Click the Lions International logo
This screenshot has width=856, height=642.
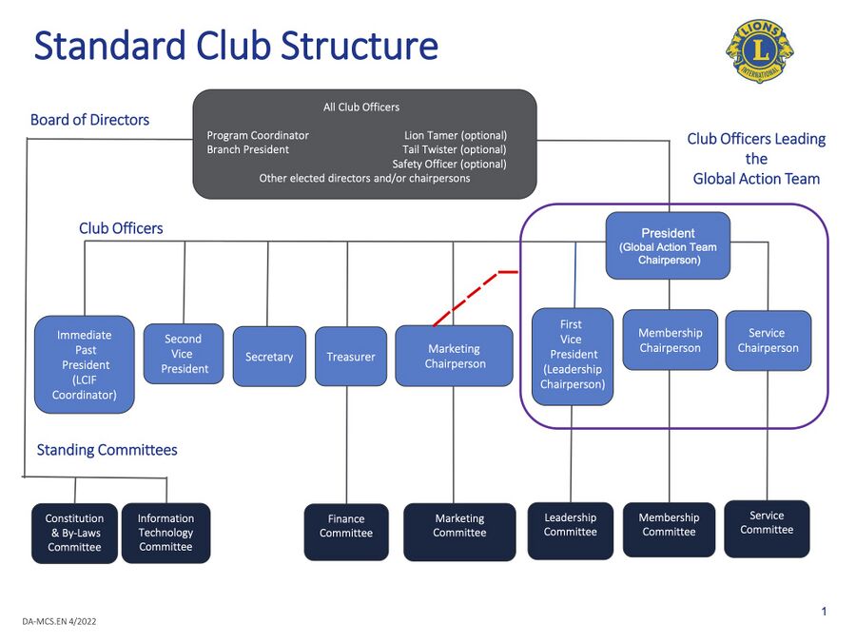(x=760, y=50)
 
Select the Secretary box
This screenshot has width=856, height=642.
(x=269, y=357)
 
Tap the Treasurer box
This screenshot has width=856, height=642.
(x=351, y=357)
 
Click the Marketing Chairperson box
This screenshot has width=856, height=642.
(x=454, y=356)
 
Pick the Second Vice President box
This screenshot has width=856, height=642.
(x=184, y=354)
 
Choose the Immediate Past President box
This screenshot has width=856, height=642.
(x=85, y=364)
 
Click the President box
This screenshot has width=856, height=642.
(x=668, y=245)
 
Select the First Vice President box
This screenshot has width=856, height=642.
(x=572, y=355)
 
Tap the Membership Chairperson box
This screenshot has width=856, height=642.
(x=670, y=340)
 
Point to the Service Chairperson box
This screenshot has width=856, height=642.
(x=768, y=340)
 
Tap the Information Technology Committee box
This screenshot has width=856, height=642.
(x=165, y=533)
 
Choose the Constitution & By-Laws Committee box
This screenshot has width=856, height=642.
(x=74, y=533)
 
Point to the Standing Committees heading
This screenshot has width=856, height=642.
(x=107, y=450)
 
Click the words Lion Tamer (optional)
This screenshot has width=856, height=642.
(x=455, y=136)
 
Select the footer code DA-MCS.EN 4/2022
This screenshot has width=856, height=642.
(x=59, y=621)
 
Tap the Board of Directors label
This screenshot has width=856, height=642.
(x=89, y=120)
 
